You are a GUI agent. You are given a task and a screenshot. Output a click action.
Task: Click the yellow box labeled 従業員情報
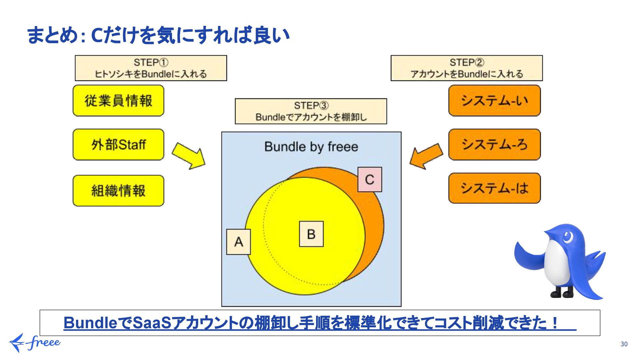click(x=118, y=101)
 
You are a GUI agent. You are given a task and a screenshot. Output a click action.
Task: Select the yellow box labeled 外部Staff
click(x=118, y=145)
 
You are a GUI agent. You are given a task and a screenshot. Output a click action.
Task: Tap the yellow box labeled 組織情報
click(x=118, y=191)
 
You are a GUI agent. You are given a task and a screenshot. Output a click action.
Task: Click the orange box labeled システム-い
click(x=494, y=101)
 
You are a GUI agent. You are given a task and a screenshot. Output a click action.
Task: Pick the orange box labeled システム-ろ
click(x=494, y=145)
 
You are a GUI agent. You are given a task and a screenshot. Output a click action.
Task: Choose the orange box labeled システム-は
click(x=494, y=188)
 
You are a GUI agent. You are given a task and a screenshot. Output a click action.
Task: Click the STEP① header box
click(x=151, y=68)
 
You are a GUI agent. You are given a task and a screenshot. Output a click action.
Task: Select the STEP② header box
click(x=466, y=68)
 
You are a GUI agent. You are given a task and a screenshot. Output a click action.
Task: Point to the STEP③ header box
click(x=311, y=111)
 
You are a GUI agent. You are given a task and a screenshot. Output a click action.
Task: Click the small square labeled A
click(x=238, y=242)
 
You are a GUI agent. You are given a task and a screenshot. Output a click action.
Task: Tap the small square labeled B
click(x=311, y=234)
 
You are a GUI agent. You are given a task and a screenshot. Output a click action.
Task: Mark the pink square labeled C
click(x=370, y=180)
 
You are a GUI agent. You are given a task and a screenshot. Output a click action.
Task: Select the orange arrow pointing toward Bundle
click(x=426, y=156)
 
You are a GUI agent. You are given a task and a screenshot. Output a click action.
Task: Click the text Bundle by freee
click(x=311, y=147)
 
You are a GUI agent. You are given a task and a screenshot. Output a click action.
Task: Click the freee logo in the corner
click(x=34, y=343)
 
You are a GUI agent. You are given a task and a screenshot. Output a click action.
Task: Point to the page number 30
click(x=624, y=344)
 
